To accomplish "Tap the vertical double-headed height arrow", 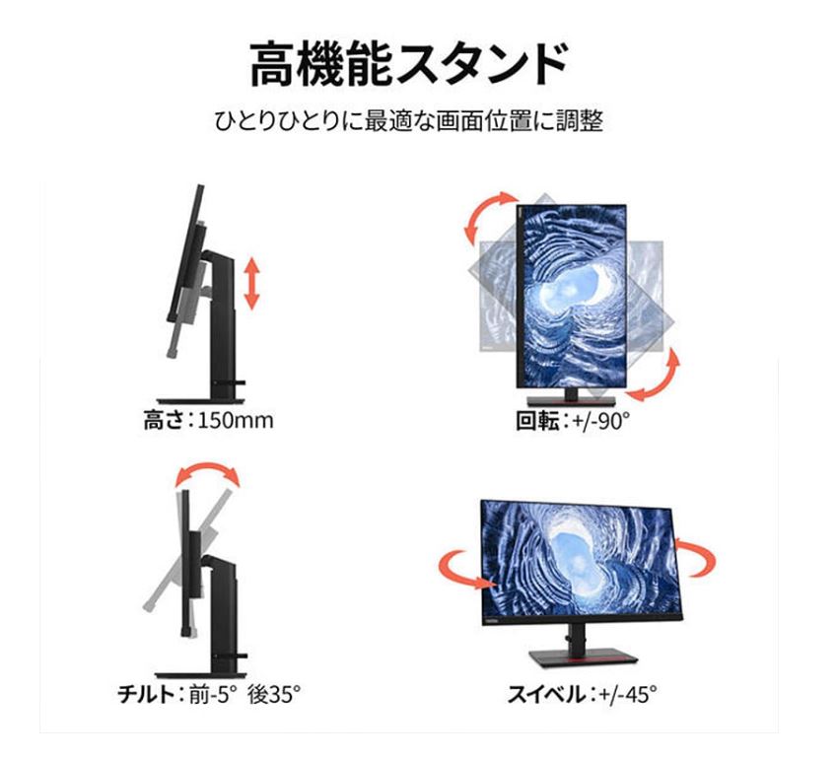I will (x=251, y=283).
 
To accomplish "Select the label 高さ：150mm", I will (x=203, y=421).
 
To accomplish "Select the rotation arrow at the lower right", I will (x=658, y=376).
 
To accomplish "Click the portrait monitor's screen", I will (x=573, y=296).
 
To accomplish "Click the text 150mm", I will (x=236, y=421).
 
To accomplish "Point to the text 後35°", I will (x=273, y=695).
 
